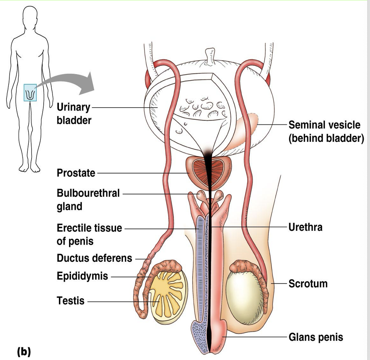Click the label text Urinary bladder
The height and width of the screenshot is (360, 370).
tap(74, 114)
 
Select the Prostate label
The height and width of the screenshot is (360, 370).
tap(76, 173)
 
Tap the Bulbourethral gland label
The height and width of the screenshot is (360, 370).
tap(88, 200)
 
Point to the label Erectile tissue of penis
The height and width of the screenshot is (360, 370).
tap(89, 234)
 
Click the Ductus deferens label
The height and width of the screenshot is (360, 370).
tap(94, 258)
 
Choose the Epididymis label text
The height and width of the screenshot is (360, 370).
tap(82, 277)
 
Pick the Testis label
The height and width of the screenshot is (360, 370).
tap(70, 300)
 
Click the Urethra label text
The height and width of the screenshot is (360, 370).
tap(305, 227)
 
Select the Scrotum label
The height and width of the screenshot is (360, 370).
tap(308, 284)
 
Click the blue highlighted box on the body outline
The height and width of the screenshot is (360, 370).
tap(30, 92)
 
